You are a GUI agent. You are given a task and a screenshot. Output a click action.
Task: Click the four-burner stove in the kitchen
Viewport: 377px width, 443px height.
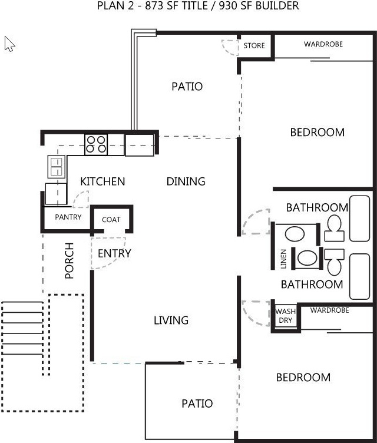[x=96, y=144]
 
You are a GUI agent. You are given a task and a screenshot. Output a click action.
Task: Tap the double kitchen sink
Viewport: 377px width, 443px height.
[x=57, y=167]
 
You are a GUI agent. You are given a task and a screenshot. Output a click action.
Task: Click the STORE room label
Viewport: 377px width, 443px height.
[x=254, y=45]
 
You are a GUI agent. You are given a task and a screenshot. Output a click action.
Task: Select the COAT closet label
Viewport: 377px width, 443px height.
[x=111, y=220]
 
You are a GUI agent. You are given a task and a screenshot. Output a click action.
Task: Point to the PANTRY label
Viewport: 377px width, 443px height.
[x=68, y=217]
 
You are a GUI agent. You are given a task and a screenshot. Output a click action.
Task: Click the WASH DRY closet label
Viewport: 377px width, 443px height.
[x=286, y=316]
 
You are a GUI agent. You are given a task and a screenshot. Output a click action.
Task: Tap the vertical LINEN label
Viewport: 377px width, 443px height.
[x=283, y=259]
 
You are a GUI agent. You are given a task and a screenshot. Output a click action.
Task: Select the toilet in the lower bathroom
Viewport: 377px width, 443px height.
[x=335, y=262]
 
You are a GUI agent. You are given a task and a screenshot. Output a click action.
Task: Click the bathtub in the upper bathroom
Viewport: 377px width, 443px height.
[x=359, y=219]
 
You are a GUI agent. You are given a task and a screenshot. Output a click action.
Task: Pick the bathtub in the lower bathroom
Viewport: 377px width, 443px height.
[x=359, y=276]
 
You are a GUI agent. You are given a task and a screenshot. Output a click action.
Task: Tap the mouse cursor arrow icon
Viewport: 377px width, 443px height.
[x=9, y=44]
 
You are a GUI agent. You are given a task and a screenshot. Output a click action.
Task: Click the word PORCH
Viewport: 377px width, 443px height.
[x=70, y=260]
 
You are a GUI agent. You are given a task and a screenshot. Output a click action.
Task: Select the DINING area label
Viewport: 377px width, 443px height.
[x=186, y=181]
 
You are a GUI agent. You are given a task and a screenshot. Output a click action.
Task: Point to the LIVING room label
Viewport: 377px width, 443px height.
[x=171, y=320]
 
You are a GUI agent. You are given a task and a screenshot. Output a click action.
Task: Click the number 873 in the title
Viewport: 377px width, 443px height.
[x=154, y=6]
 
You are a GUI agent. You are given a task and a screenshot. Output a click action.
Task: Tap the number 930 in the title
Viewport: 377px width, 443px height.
[x=228, y=6]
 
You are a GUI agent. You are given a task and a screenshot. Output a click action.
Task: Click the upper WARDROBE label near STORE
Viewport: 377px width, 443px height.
[x=323, y=44]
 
